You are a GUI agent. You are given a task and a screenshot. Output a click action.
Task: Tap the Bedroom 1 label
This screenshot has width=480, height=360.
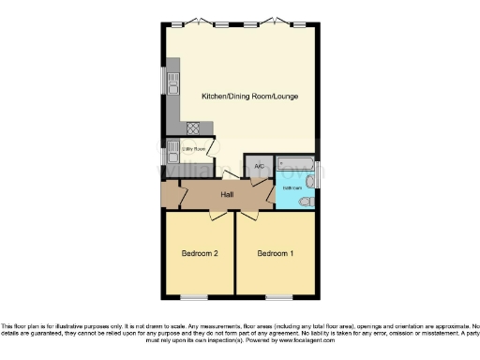(x=276, y=253)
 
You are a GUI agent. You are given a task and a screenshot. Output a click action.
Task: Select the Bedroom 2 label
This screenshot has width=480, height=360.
(x=200, y=253)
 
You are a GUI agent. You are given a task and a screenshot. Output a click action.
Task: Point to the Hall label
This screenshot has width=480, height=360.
(x=227, y=195)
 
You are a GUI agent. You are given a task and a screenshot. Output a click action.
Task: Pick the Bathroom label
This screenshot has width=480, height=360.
(x=292, y=187)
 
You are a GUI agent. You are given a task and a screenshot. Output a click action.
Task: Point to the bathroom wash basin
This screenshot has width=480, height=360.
(x=311, y=184)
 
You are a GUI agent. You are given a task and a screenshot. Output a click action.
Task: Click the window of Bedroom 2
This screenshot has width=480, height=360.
(x=194, y=297)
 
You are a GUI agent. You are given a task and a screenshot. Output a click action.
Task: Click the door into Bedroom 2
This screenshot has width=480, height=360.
(x=217, y=216)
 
